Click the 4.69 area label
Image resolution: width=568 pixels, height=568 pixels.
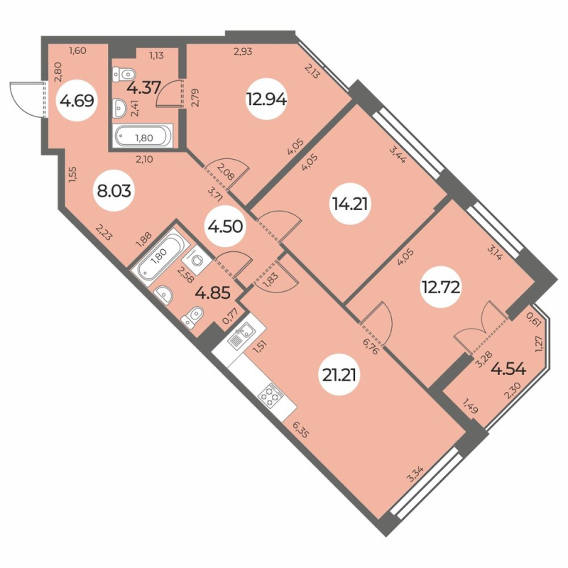pyautogui.click(x=74, y=102)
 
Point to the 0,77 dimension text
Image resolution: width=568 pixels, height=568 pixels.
pyautogui.click(x=231, y=315)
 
